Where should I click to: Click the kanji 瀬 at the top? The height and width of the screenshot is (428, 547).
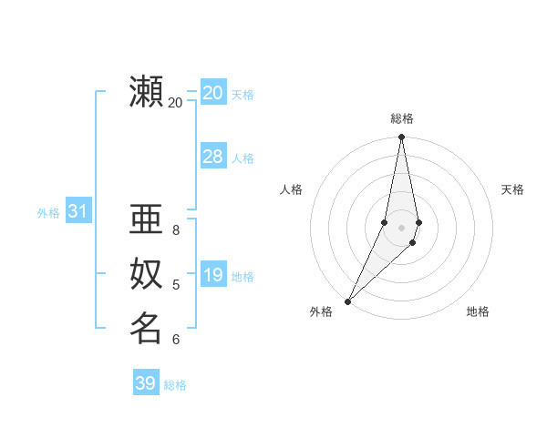click(147, 93)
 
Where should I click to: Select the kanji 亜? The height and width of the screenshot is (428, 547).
click(147, 220)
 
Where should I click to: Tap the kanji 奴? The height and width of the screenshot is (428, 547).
click(147, 274)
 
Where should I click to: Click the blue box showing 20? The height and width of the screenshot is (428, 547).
click(212, 93)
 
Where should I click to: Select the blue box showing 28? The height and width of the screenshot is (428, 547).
click(212, 157)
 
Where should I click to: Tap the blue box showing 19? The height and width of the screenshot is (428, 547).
click(212, 275)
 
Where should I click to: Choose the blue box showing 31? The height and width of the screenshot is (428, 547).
click(77, 212)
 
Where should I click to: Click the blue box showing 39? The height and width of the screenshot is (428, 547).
click(145, 383)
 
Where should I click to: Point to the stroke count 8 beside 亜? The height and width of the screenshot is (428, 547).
click(176, 230)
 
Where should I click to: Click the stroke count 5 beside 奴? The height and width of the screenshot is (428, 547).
click(176, 285)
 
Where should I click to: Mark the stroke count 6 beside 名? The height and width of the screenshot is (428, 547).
click(176, 340)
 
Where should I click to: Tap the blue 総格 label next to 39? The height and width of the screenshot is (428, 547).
click(175, 385)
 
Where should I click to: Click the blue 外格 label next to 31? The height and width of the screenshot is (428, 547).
click(48, 213)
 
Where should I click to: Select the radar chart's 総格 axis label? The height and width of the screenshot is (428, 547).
click(401, 118)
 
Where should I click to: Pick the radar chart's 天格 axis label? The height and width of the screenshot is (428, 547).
click(512, 189)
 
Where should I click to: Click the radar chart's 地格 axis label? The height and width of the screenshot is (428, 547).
click(478, 311)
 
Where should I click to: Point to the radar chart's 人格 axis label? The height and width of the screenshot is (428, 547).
click(291, 189)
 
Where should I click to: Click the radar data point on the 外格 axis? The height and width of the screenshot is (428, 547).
click(348, 301)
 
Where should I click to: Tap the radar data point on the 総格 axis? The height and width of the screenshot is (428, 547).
click(401, 138)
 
